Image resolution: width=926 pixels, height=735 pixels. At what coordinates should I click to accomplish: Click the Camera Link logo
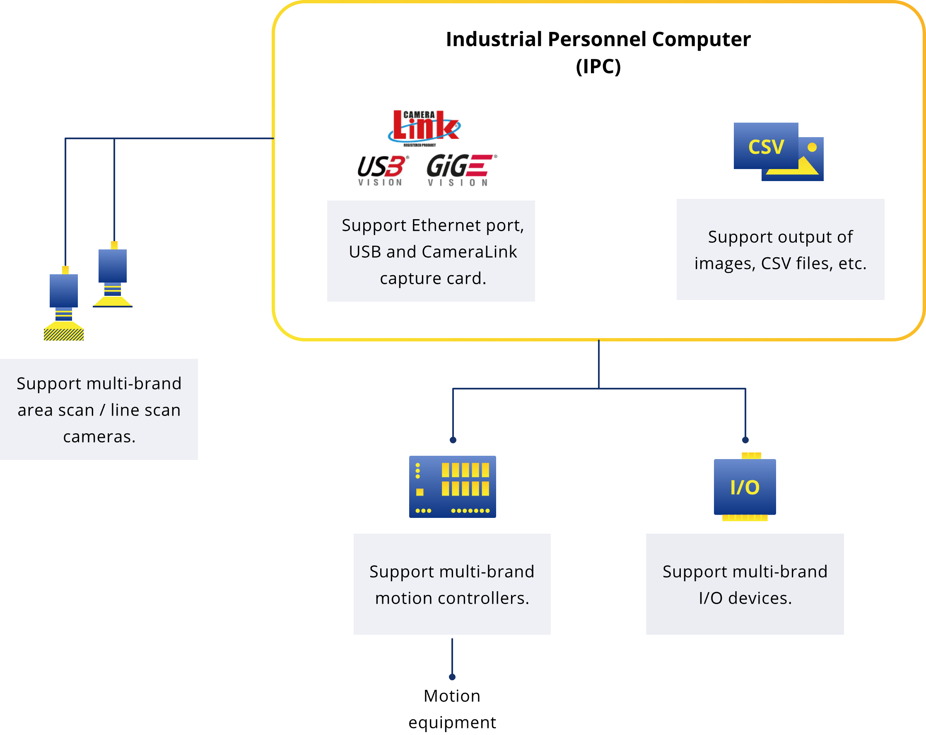pos(424,126)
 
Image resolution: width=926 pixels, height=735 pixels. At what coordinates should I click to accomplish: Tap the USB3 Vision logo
pos(382,170)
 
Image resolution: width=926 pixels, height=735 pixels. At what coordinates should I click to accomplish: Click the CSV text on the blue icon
pos(766,147)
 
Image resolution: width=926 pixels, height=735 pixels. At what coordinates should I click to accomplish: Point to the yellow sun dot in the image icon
pos(812,147)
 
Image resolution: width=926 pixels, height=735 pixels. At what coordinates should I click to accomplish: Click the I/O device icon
pos(745,487)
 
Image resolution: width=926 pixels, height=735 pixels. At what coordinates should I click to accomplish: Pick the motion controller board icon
pos(452,486)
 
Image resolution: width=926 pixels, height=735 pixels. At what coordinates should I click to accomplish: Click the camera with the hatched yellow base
pos(63,305)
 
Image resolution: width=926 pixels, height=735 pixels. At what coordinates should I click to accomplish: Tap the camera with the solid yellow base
pos(113,275)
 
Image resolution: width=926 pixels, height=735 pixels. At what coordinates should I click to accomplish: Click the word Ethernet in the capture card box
pos(446,225)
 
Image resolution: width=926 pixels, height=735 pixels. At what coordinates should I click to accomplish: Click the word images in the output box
pos(725,264)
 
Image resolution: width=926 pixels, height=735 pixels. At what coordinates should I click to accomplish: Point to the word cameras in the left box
pos(99,437)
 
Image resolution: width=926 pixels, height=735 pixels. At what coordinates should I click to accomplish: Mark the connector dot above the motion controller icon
pos(453,440)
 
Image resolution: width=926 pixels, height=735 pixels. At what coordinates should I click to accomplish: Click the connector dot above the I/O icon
pos(745,440)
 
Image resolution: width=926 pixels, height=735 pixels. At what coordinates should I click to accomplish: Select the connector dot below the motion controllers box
pos(452,677)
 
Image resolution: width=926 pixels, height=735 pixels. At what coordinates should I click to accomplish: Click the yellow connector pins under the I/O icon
pos(745,518)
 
